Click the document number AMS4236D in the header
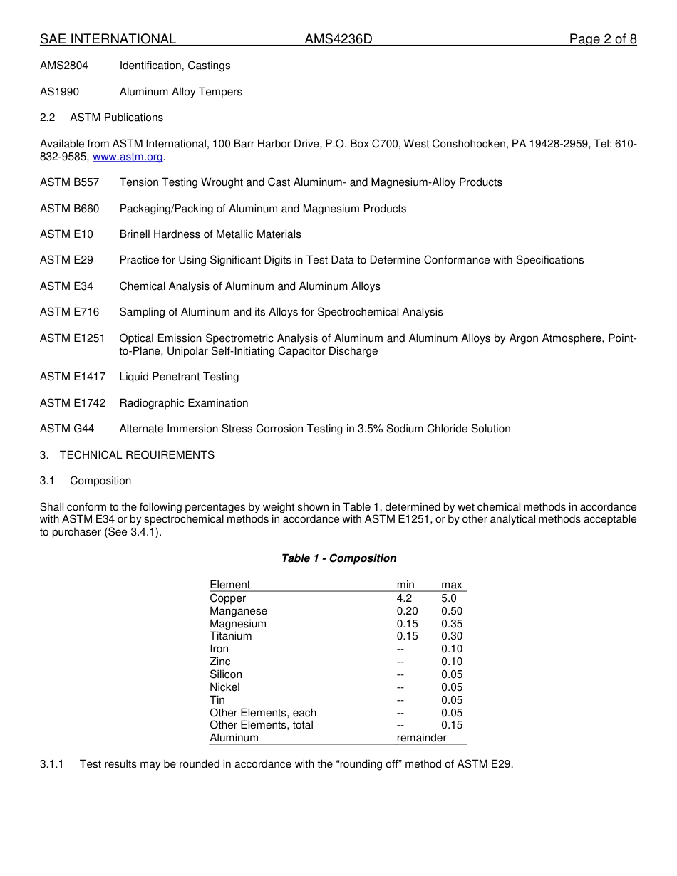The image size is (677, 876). tap(338, 39)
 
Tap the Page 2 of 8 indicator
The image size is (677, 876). tap(602, 39)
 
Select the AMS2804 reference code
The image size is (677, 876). tap(64, 66)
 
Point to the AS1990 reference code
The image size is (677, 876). tap(60, 92)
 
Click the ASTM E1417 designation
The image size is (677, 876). tap(73, 377)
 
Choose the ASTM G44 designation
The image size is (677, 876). tap(67, 429)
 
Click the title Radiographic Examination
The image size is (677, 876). tap(184, 403)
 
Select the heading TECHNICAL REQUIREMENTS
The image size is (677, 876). tap(137, 455)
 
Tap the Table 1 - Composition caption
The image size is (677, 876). tap(338, 558)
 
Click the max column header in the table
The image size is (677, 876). tap(452, 585)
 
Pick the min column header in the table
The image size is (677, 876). tap(405, 585)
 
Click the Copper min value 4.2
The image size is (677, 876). tap(404, 598)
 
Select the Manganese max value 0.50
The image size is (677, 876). tap(452, 611)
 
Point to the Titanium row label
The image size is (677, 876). tap(230, 636)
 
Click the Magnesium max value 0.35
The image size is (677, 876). tap(452, 624)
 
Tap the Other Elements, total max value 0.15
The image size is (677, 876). tap(452, 725)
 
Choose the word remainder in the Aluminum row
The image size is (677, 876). tap(421, 738)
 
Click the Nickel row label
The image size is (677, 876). tap(224, 687)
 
